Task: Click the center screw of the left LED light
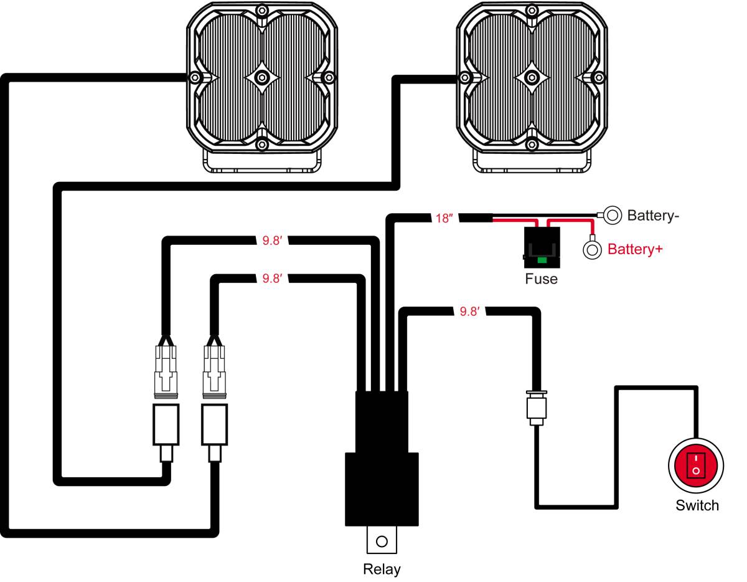[262, 77]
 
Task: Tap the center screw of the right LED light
[532, 77]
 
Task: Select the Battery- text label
[653, 216]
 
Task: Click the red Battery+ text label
[635, 250]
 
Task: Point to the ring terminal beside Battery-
[613, 216]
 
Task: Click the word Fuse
[541, 279]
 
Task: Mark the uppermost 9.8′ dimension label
[272, 239]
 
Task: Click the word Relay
[382, 569]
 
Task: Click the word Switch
[697, 505]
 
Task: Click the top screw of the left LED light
[262, 10]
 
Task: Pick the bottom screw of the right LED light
[532, 145]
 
